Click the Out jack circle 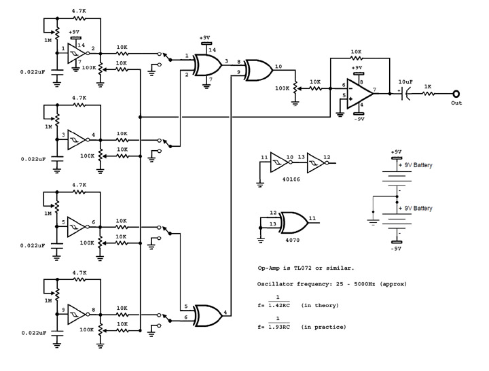pyautogui.click(x=456, y=94)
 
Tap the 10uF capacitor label pyautogui.click(x=405, y=82)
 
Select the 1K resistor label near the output pyautogui.click(x=428, y=86)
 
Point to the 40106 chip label pyautogui.click(x=291, y=179)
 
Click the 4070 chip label pyautogui.click(x=292, y=240)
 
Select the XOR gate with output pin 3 pyautogui.click(x=207, y=65)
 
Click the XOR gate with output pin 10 pyautogui.click(x=259, y=70)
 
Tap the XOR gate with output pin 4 pyautogui.click(x=208, y=315)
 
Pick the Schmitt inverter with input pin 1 pyautogui.click(x=77, y=54)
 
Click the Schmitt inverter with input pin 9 pyautogui.click(x=77, y=315)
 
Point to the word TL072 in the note pyautogui.click(x=302, y=268)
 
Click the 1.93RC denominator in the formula pyautogui.click(x=279, y=327)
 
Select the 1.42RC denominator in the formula pyautogui.click(x=279, y=306)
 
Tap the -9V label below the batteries pyautogui.click(x=396, y=249)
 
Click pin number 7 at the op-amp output pyautogui.click(x=374, y=90)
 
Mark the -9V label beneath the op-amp pyautogui.click(x=359, y=119)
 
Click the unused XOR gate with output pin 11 pyautogui.click(x=294, y=223)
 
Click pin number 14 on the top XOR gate pyautogui.click(x=213, y=50)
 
